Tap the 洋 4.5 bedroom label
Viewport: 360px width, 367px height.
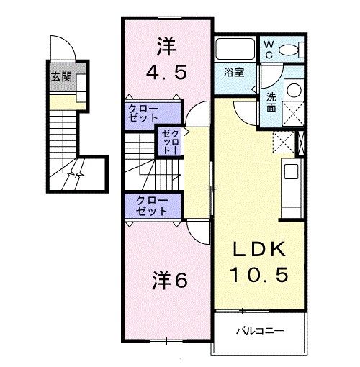pyautogui.click(x=164, y=60)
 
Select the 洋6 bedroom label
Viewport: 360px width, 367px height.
pyautogui.click(x=171, y=281)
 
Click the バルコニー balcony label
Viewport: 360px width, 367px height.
pyautogui.click(x=260, y=332)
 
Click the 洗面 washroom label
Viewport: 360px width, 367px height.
pyautogui.click(x=271, y=102)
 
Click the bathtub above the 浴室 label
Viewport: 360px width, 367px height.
pyautogui.click(x=235, y=50)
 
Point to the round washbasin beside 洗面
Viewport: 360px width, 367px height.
pyautogui.click(x=294, y=90)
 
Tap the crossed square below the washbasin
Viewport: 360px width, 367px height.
pyautogui.click(x=294, y=114)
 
